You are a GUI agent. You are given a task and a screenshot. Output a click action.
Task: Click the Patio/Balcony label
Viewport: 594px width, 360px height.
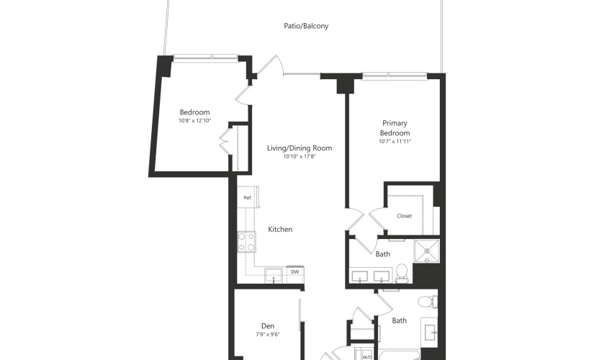[306, 26]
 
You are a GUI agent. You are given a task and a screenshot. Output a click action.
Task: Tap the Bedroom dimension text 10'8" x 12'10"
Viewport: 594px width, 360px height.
[194, 121]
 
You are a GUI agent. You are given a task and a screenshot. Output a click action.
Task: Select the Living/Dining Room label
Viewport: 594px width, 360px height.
[300, 148]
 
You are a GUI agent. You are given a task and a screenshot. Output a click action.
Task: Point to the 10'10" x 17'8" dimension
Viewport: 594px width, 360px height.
[300, 156]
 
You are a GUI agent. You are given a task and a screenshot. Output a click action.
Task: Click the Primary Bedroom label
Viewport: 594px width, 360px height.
[395, 128]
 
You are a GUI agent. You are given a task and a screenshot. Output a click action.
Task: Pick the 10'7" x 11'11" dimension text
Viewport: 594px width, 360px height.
[395, 142]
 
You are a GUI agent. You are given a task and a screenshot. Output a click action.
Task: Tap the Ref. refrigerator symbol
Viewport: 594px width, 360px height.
[248, 197]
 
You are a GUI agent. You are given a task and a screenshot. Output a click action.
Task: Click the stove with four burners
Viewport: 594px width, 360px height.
[247, 242]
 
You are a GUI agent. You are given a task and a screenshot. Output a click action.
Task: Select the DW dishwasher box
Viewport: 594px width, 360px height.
[295, 272]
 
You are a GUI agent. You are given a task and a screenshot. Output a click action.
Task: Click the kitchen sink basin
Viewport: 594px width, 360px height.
[274, 275]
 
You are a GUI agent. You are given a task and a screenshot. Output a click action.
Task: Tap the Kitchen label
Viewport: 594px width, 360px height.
[280, 229]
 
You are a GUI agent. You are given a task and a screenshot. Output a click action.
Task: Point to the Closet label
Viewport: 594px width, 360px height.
[404, 216]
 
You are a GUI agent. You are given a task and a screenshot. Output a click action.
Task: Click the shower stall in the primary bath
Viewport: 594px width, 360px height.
[427, 251]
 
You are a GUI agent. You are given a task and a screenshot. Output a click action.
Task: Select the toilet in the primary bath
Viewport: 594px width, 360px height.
[401, 273]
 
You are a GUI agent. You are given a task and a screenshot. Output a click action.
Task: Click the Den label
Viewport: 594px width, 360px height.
[268, 326]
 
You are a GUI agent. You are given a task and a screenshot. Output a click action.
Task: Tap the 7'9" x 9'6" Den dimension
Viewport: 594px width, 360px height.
[268, 335]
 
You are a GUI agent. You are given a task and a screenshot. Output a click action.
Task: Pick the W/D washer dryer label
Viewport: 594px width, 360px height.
[366, 357]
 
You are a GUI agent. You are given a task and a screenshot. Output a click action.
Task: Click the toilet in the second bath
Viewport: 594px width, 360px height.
[428, 302]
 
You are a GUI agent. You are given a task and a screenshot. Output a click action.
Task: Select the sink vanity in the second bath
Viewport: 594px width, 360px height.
[430, 333]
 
